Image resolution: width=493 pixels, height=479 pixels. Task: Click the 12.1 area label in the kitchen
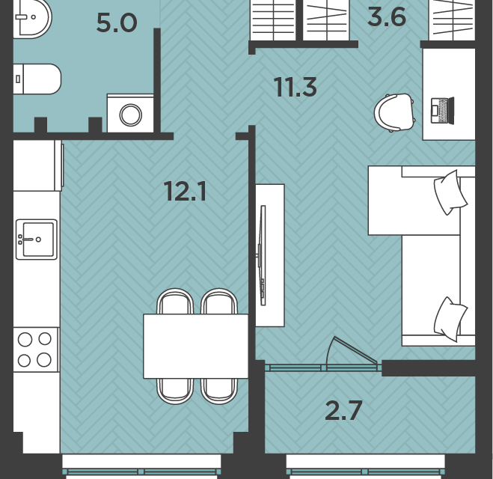[x=186, y=192]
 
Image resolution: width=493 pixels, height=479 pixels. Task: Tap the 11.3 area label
[x=295, y=87]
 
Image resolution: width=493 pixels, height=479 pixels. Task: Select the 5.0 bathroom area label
[x=117, y=23]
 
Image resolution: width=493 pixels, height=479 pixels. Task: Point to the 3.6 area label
[x=387, y=17]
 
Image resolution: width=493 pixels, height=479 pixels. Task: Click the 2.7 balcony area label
[x=343, y=410]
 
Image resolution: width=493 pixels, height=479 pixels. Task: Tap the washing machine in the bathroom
[x=130, y=113]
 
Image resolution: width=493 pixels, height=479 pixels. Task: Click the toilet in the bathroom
[x=37, y=79]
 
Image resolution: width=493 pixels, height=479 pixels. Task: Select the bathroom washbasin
[x=32, y=18]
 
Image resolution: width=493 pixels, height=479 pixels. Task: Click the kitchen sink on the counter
[x=37, y=239]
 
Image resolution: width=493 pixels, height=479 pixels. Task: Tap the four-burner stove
[x=36, y=350]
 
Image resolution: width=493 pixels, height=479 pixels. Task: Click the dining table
[x=196, y=346]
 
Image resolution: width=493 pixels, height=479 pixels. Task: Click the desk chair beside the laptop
[x=394, y=112]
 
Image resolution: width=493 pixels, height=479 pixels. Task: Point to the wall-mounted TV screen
[x=262, y=255]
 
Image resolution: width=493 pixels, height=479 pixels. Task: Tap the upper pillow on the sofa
[x=450, y=192]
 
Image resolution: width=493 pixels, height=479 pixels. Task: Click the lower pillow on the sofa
[x=450, y=320]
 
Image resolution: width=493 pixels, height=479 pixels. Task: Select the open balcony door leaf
[x=352, y=351]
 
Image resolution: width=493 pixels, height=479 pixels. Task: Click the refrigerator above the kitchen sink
[x=38, y=165]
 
